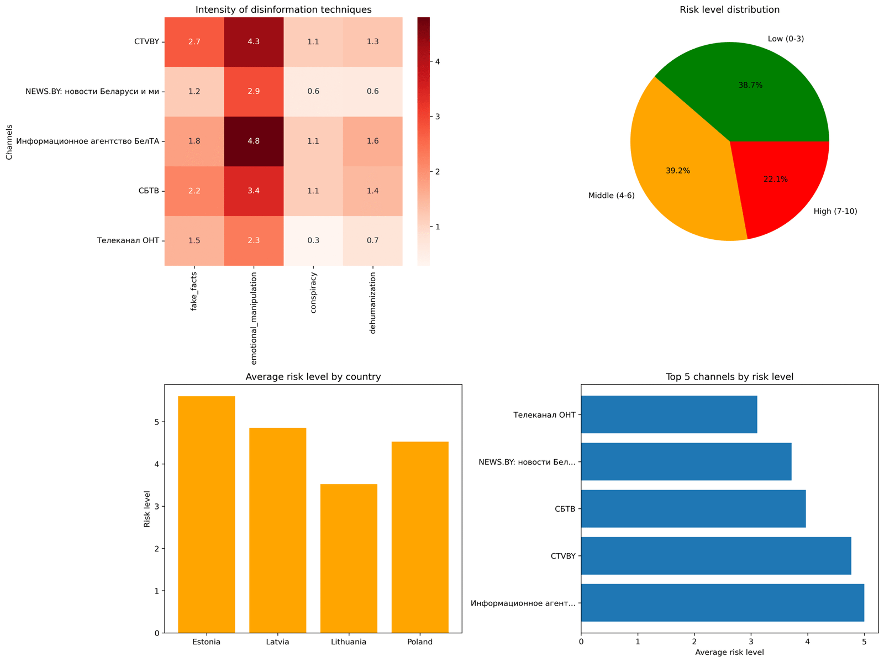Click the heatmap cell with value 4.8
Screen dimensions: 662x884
pos(254,141)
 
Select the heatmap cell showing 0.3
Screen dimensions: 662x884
pos(313,240)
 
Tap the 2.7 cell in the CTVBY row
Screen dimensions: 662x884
pos(194,41)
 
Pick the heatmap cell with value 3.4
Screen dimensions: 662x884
pos(254,191)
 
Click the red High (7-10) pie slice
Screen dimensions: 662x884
pos(785,182)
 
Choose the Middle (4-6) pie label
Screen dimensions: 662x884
pos(612,196)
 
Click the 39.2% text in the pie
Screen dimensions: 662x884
pos(678,171)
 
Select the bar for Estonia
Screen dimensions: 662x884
pos(206,514)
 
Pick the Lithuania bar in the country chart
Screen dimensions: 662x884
pos(349,558)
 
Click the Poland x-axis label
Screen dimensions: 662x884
pos(420,642)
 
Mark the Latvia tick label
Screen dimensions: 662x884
pos(277,642)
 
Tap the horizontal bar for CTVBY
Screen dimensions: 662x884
pos(715,556)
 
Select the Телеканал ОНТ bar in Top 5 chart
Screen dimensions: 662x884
pos(669,414)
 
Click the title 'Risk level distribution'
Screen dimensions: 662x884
pos(729,9)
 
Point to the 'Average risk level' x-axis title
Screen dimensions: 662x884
pos(729,653)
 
